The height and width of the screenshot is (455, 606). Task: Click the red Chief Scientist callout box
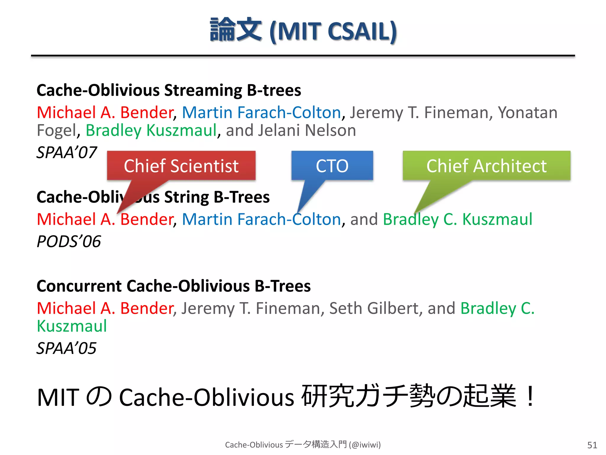(x=181, y=166)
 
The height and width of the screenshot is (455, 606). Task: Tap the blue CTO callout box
(x=332, y=166)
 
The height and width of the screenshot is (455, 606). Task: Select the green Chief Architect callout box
(x=486, y=166)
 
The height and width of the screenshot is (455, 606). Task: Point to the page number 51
(x=592, y=445)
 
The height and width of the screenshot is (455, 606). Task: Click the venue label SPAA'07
(x=67, y=153)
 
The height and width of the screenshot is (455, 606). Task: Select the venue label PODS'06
(x=69, y=241)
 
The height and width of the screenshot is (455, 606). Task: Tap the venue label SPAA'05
(x=67, y=348)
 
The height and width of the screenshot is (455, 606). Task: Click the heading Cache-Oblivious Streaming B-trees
(x=169, y=90)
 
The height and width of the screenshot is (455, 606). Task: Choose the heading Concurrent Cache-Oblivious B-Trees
(x=174, y=286)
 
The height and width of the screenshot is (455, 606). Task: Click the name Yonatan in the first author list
(x=528, y=113)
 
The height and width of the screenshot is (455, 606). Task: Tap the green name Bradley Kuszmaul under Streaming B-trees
(x=151, y=130)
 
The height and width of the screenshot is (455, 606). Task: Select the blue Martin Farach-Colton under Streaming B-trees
(x=262, y=113)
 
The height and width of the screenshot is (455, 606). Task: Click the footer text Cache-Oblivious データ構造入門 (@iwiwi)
(x=303, y=445)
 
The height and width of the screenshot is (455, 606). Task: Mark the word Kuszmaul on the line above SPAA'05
(x=72, y=326)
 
